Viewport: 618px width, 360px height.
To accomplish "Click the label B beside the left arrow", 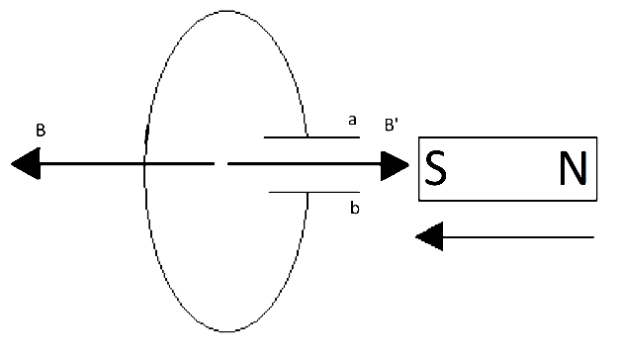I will point(40,130).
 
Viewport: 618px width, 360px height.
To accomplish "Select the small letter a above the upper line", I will point(351,121).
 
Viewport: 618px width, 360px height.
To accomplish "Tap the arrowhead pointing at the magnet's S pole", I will point(397,164).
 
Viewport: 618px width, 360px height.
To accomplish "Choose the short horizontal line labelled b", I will point(313,192).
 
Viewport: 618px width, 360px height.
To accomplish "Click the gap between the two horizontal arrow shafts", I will point(221,163).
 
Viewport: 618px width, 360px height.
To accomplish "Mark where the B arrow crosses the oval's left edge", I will point(145,163).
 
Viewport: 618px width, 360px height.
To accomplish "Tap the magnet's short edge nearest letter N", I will point(596,169).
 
